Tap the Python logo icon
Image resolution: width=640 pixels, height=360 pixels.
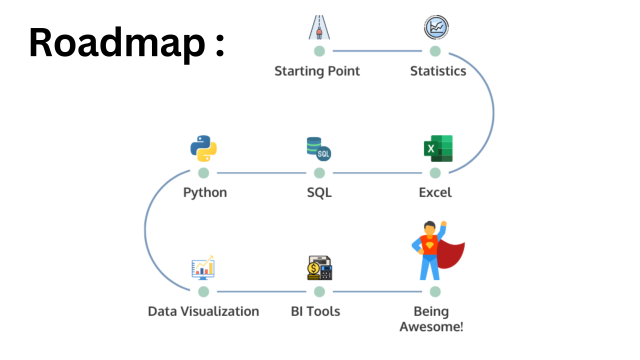pos(203,148)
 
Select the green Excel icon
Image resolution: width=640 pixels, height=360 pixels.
pos(438,148)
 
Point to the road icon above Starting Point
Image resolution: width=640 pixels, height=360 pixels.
pos(319,27)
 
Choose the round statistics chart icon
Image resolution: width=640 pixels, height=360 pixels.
pos(436,27)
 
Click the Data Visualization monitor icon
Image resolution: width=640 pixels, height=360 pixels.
pos(203,268)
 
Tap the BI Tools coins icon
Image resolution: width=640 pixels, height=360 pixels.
pos(319,268)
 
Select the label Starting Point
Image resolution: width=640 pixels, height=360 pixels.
pos(317,71)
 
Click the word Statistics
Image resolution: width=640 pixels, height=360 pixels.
pos(438,71)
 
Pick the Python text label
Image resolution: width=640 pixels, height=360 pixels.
pos(205,192)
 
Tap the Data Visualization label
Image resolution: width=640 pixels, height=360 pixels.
pos(203,311)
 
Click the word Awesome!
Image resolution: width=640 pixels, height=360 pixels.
pos(431,327)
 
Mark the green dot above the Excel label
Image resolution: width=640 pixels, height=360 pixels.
pos(435,173)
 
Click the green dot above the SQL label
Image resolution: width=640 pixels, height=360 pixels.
pos(319,173)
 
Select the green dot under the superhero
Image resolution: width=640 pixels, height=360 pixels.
pos(435,291)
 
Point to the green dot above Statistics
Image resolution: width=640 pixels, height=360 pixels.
pos(435,51)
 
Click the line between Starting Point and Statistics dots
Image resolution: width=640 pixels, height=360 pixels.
pos(377,51)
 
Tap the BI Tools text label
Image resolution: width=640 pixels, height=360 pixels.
pos(315,311)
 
